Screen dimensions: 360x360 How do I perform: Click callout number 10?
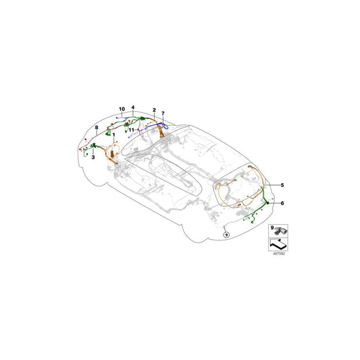(x=122, y=109)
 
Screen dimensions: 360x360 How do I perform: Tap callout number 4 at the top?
(x=134, y=107)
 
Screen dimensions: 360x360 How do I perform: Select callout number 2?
(x=155, y=109)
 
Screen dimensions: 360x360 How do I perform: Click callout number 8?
(x=97, y=127)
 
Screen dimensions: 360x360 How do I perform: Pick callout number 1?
(x=113, y=135)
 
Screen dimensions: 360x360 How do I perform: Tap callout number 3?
(x=93, y=157)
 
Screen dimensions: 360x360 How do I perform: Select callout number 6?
(x=282, y=203)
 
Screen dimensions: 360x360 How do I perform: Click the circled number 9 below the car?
(x=226, y=234)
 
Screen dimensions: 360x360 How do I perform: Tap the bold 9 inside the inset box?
(x=271, y=230)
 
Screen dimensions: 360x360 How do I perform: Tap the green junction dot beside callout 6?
(x=267, y=203)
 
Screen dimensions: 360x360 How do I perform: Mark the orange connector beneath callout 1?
(x=112, y=157)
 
